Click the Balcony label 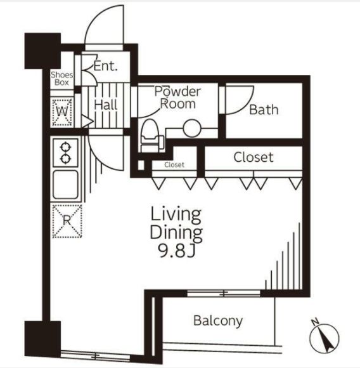pos(218,321)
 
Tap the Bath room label pos(264,110)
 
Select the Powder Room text pos(177,98)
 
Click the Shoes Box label pos(62,79)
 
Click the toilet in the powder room pos(151,136)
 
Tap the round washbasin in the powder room pos(192,128)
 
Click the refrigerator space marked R pos(67,221)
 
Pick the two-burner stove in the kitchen pos(65,153)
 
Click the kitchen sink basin pos(65,185)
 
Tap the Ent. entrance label pos(105,66)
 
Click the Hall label pos(105,105)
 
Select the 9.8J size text pos(176,251)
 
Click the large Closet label pos(254,157)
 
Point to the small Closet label pos(174,165)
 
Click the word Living pos(176,214)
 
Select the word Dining pos(176,233)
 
